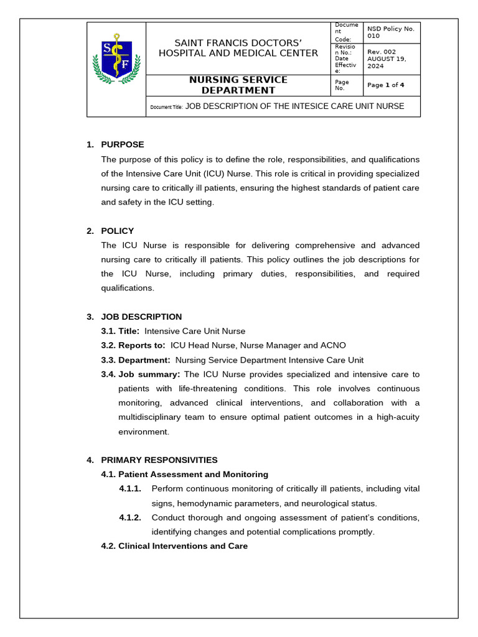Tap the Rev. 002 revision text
(381, 52)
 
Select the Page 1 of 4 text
(386, 85)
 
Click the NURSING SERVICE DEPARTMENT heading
(238, 85)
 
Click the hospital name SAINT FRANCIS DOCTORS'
(238, 42)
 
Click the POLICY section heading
(118, 231)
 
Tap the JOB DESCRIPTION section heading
(141, 317)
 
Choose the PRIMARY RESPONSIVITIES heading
(159, 460)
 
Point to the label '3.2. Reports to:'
(133, 346)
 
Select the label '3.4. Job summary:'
(141, 374)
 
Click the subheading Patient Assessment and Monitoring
(193, 475)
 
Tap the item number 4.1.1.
(130, 489)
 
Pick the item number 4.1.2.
(130, 518)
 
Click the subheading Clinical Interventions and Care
(182, 546)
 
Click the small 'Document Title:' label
(166, 107)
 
